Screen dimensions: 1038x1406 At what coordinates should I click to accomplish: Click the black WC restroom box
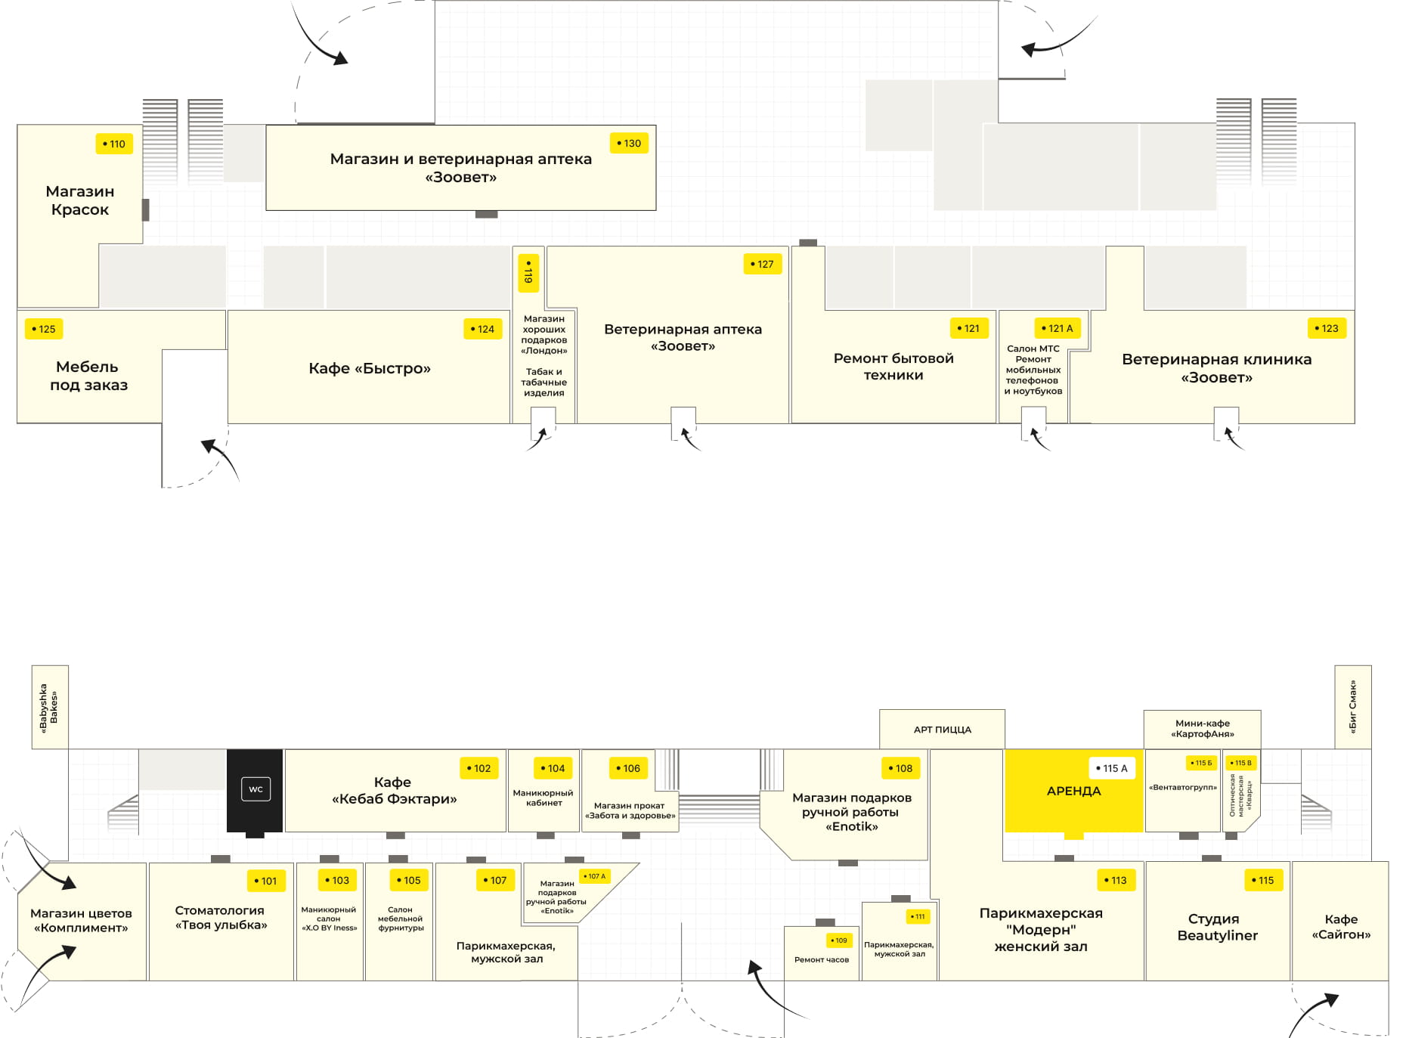[x=255, y=790]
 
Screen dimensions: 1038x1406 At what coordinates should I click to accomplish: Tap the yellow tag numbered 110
[x=114, y=144]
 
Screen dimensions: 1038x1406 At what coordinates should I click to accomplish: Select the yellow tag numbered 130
[x=629, y=143]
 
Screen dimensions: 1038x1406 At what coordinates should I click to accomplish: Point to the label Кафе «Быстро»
[x=370, y=368]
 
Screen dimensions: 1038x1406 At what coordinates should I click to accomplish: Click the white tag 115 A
[x=1112, y=768]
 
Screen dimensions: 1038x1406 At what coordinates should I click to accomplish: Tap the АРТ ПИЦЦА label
[x=942, y=730]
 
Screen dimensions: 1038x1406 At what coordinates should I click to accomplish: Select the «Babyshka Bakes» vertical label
[x=49, y=708]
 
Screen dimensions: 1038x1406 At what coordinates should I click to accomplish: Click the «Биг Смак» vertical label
[x=1352, y=706]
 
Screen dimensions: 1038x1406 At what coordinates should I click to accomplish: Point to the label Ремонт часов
[x=821, y=959]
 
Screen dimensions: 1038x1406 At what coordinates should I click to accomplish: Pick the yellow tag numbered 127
[x=762, y=264]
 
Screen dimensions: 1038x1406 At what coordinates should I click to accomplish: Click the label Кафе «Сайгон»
[x=1341, y=927]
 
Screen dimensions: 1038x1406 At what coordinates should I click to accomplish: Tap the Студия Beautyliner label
[x=1217, y=927]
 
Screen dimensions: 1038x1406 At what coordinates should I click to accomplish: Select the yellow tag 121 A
[x=1057, y=328]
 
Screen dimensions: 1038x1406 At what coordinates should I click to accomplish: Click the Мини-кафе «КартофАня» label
[x=1202, y=728]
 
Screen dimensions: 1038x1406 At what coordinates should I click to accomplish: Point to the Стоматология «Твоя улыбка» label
[x=221, y=917]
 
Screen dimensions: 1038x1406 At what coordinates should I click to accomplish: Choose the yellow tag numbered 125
[x=44, y=329]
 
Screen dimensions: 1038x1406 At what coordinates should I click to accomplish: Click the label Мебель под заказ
[x=88, y=376]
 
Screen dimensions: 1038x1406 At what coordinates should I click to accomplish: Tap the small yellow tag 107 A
[x=595, y=876]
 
